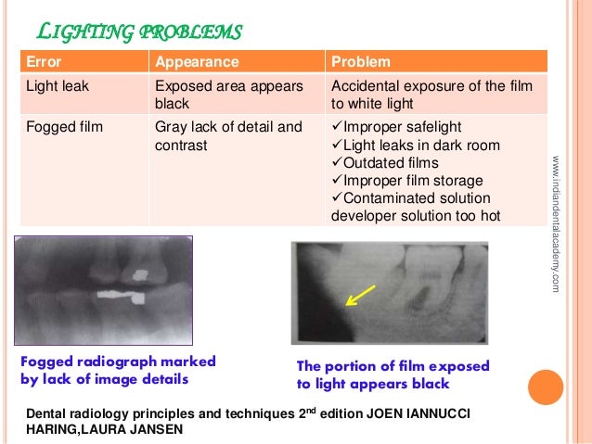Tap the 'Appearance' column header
click(197, 62)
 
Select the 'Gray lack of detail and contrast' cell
click(228, 136)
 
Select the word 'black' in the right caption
click(429, 384)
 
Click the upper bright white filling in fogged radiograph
click(141, 274)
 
